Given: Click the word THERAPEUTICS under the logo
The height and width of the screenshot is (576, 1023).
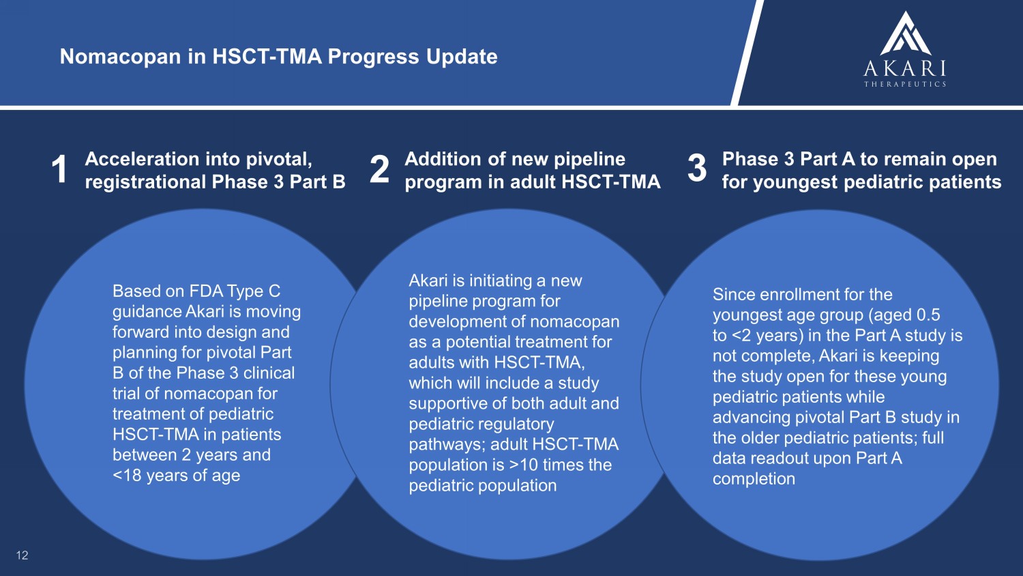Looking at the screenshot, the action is click(x=905, y=84).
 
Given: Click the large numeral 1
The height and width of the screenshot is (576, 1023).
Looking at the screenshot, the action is click(x=59, y=170).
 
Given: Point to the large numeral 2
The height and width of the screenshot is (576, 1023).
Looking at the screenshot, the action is click(x=379, y=170).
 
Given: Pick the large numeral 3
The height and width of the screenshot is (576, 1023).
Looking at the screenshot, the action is click(x=697, y=169).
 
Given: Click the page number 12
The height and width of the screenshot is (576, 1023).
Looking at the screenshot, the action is click(x=22, y=556).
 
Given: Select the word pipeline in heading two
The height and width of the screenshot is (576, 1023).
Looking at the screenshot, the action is click(x=589, y=160).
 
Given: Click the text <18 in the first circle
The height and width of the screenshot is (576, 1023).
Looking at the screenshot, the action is click(x=126, y=476).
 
